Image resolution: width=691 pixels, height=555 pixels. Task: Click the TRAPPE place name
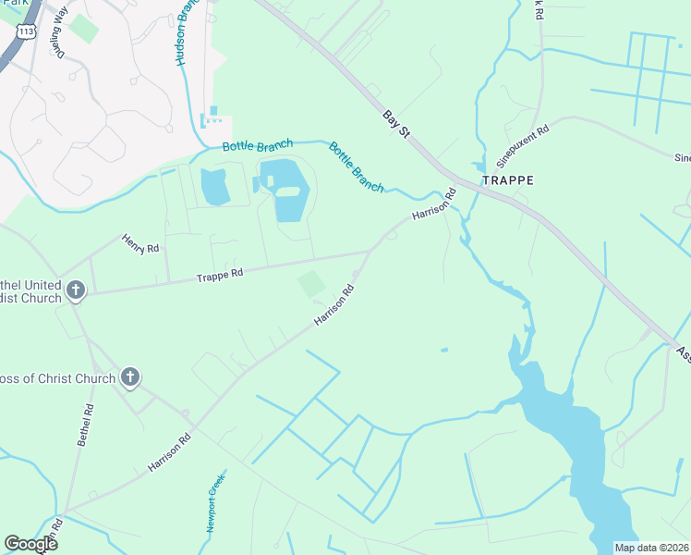click(x=507, y=180)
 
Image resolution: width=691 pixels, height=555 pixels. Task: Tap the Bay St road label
click(x=396, y=122)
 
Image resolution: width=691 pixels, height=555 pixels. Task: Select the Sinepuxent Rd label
click(x=524, y=142)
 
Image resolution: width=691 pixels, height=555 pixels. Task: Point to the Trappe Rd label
click(x=219, y=275)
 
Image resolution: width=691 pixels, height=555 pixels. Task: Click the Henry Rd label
click(x=140, y=244)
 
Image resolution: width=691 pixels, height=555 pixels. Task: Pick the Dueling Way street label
click(x=62, y=32)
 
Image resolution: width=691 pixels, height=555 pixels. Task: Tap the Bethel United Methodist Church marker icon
click(x=77, y=291)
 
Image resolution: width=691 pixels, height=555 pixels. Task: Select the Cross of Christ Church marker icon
click(x=131, y=376)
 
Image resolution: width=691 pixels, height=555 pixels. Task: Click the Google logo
click(x=30, y=544)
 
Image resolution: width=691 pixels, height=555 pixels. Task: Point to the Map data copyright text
click(x=651, y=547)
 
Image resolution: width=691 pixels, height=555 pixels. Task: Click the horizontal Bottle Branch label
click(x=258, y=145)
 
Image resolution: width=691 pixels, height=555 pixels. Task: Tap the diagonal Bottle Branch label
click(x=357, y=167)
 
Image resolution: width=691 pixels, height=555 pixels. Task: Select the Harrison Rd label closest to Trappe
click(x=435, y=204)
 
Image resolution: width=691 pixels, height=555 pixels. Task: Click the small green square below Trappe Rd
click(x=311, y=284)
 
